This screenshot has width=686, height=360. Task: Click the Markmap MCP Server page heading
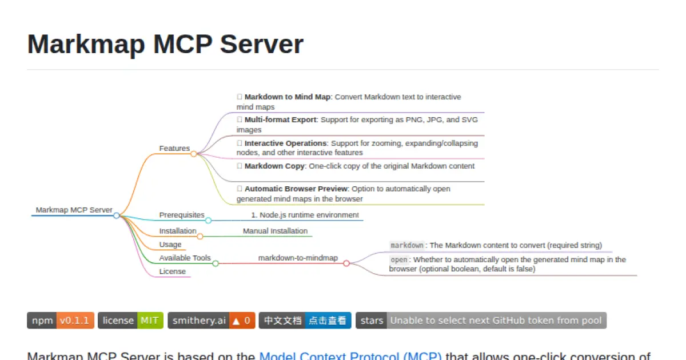165,44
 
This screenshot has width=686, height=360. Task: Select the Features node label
174,149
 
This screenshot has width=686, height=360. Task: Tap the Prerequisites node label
181,215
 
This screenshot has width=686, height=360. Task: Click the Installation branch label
177,231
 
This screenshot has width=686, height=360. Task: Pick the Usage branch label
170,245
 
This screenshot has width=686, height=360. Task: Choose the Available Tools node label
185,258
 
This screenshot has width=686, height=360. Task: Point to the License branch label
172,271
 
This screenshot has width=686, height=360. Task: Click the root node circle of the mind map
117,215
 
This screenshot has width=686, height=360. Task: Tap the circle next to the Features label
194,154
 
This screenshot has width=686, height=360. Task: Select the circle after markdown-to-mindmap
346,263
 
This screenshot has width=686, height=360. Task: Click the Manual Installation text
275,231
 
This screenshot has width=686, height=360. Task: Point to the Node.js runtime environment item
305,215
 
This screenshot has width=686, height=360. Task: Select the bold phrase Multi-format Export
280,120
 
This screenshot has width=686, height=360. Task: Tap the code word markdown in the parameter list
406,246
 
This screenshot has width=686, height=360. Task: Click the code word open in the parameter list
398,260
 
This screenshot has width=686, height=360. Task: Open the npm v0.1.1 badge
61,321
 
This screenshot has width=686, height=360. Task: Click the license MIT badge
130,321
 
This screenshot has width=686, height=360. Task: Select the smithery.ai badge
212,321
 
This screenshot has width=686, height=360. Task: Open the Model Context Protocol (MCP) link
350,356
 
